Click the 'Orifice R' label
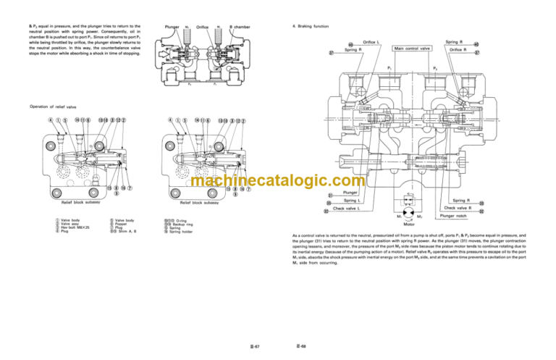coord(457,49)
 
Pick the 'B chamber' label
coord(240,28)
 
